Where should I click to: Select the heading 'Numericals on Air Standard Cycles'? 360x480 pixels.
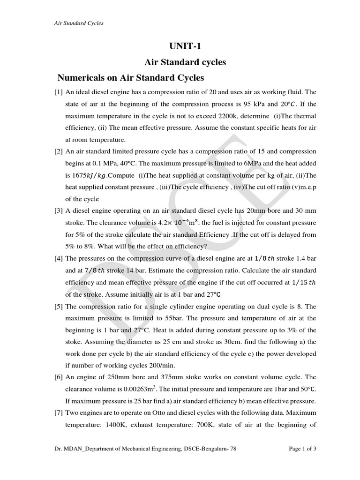coord(130,77)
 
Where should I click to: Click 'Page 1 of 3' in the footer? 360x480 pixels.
coord(302,449)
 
